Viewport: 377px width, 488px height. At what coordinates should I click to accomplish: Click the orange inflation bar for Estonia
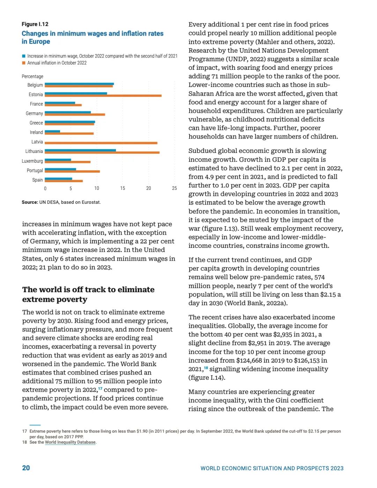pyautogui.click(x=103, y=96)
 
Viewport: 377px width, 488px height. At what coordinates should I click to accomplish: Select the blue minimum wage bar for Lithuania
pyautogui.click(x=80, y=150)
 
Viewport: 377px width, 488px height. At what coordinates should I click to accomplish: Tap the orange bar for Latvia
pyautogui.click(x=101, y=143)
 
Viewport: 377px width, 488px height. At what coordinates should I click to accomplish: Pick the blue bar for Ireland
pyautogui.click(x=52, y=131)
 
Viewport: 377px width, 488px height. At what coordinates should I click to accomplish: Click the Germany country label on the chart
pyautogui.click(x=34, y=113)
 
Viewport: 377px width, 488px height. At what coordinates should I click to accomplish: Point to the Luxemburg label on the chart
pyautogui.click(x=32, y=161)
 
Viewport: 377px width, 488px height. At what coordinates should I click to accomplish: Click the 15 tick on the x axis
pyautogui.click(x=123, y=188)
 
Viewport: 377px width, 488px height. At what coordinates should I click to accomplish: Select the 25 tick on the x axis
pyautogui.click(x=175, y=188)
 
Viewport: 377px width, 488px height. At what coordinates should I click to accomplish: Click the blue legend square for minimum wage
pyautogui.click(x=24, y=56)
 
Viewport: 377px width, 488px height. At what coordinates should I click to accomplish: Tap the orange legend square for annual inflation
pyautogui.click(x=24, y=63)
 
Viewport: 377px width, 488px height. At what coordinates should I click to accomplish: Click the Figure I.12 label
pyautogui.click(x=35, y=24)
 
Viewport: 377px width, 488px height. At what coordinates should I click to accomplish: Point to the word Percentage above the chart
pyautogui.click(x=32, y=76)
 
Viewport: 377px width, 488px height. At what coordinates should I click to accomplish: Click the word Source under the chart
pyautogui.click(x=30, y=202)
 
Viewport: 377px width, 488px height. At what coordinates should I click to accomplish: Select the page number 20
pyautogui.click(x=26, y=468)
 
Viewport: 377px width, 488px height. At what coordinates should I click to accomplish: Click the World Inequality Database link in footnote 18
pyautogui.click(x=70, y=442)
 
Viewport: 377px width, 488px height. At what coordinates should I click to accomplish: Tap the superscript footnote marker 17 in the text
pyautogui.click(x=100, y=389)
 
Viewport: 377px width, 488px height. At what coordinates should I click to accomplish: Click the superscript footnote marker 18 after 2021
pyautogui.click(x=206, y=368)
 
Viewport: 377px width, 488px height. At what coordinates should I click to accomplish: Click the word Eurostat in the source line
pyautogui.click(x=91, y=202)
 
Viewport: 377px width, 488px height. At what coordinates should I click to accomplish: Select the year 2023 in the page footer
pyautogui.click(x=337, y=468)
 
